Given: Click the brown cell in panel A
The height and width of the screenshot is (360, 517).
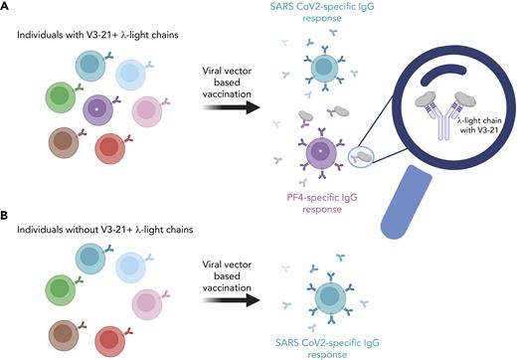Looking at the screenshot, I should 66,143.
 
